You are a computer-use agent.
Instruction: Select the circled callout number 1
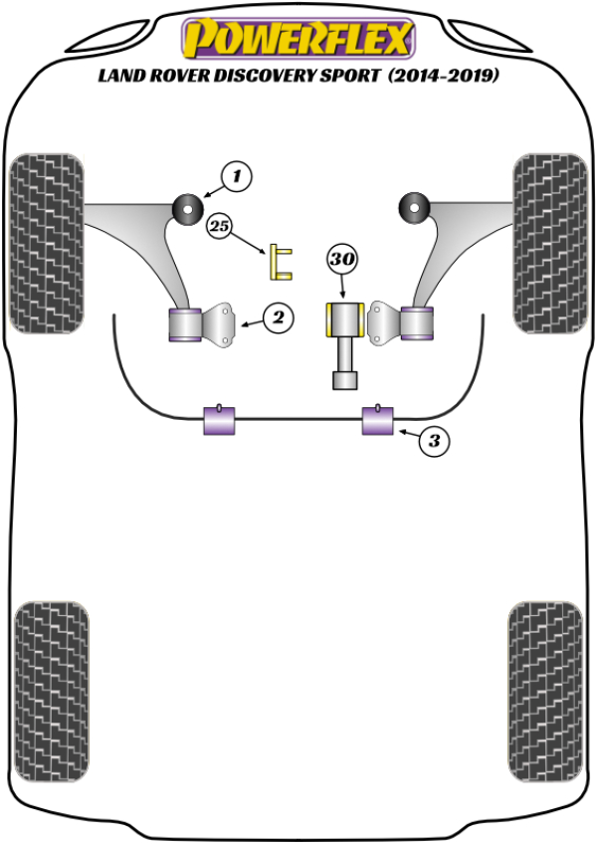(x=237, y=178)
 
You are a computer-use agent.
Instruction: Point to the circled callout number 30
(x=341, y=261)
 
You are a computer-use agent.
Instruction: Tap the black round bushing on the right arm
(x=412, y=207)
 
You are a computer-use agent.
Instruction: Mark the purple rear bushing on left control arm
(x=183, y=324)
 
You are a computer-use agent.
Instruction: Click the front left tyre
(x=46, y=244)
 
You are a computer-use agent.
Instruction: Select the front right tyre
(x=550, y=244)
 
